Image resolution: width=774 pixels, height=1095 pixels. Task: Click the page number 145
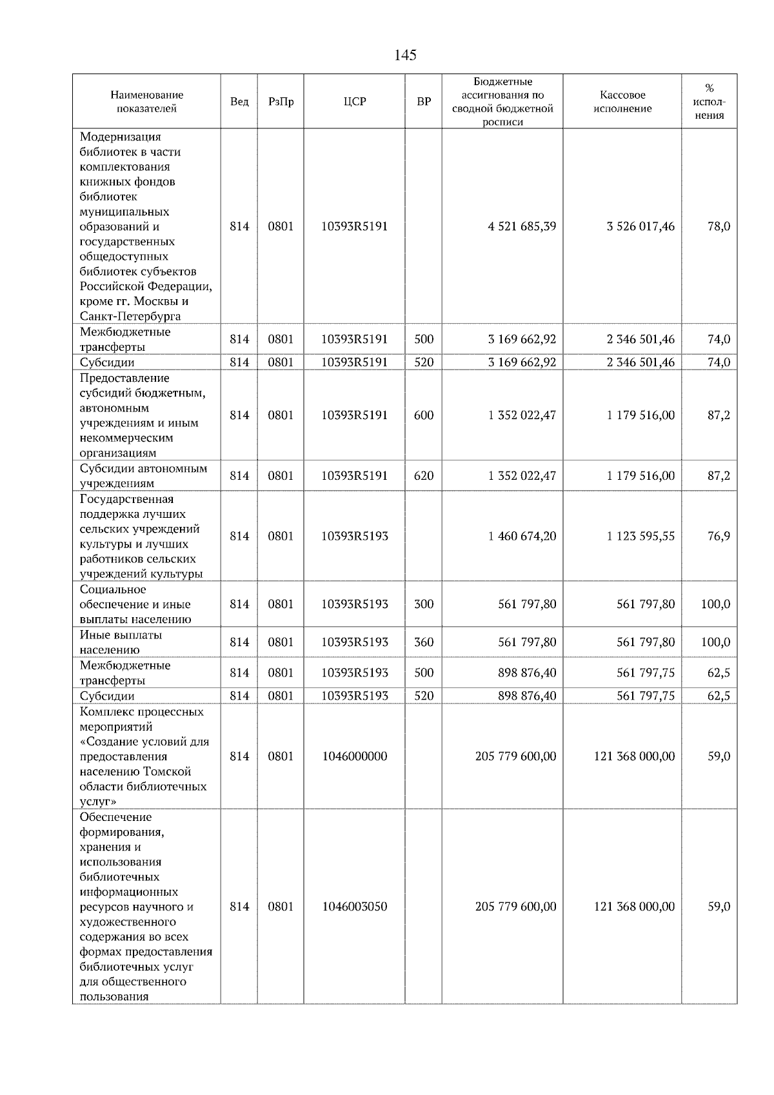pyautogui.click(x=405, y=55)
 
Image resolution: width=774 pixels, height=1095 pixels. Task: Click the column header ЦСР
pyautogui.click(x=355, y=102)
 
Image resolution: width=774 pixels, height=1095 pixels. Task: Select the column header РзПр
pyautogui.click(x=281, y=102)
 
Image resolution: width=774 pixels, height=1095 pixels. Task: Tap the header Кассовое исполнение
pyautogui.click(x=622, y=102)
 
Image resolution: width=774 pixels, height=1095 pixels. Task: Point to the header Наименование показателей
pyautogui.click(x=146, y=102)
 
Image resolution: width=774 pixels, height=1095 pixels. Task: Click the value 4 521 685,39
pyautogui.click(x=522, y=226)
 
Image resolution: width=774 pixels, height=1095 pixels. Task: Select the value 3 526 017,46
pyautogui.click(x=640, y=226)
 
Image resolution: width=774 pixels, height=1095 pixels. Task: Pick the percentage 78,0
pyautogui.click(x=719, y=226)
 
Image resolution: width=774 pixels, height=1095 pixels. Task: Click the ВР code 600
pyautogui.click(x=424, y=415)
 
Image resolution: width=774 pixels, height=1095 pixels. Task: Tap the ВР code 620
pyautogui.click(x=424, y=476)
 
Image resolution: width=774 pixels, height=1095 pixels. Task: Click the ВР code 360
pyautogui.click(x=424, y=642)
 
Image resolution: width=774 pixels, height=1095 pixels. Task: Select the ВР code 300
pyautogui.click(x=424, y=604)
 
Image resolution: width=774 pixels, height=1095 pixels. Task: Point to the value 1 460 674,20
pyautogui.click(x=522, y=536)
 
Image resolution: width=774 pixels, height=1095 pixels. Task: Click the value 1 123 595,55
pyautogui.click(x=640, y=536)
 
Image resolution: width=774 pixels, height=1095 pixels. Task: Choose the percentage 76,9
pyautogui.click(x=719, y=536)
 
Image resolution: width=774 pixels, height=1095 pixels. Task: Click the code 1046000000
pyautogui.click(x=355, y=756)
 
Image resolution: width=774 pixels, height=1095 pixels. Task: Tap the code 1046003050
pyautogui.click(x=355, y=907)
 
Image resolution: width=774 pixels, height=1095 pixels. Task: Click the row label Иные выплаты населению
pyautogui.click(x=121, y=642)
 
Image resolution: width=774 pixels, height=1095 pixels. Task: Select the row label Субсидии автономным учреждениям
pyautogui.click(x=143, y=476)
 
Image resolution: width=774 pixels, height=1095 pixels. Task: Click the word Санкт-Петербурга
pyautogui.click(x=130, y=317)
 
